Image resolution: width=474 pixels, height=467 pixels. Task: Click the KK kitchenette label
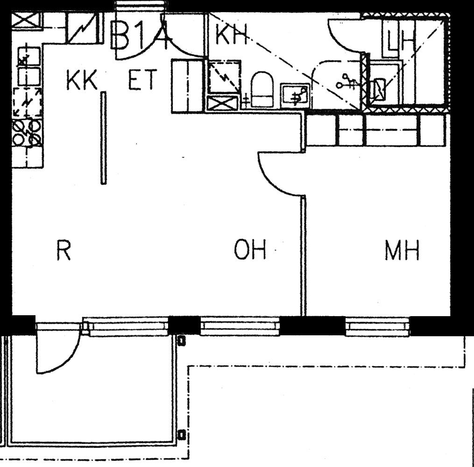[82, 80]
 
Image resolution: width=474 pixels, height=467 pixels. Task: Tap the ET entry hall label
[143, 80]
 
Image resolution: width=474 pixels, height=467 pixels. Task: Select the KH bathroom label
[231, 34]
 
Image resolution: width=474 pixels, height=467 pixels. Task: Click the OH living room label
[250, 249]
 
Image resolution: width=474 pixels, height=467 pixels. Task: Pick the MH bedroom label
[402, 250]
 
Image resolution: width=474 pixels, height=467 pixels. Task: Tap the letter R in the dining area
[64, 250]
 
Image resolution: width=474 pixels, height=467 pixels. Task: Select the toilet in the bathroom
[262, 90]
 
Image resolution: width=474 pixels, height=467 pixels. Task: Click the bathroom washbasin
[295, 96]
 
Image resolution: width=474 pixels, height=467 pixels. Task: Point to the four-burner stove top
[27, 132]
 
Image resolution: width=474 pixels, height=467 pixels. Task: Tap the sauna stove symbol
[379, 89]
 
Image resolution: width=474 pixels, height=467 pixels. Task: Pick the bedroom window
[377, 326]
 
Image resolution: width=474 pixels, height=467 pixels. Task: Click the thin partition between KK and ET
[103, 138]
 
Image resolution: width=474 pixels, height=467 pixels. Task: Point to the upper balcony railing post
[181, 340]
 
